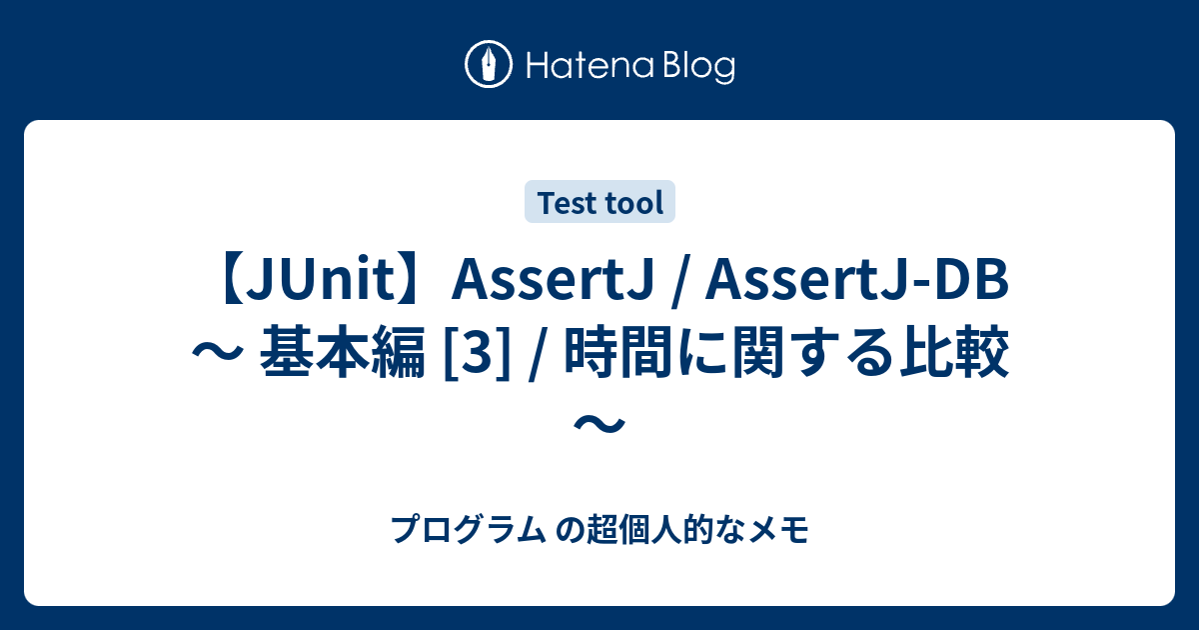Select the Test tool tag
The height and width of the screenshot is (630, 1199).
[600, 203]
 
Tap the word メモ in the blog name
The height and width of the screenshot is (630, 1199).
[786, 528]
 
